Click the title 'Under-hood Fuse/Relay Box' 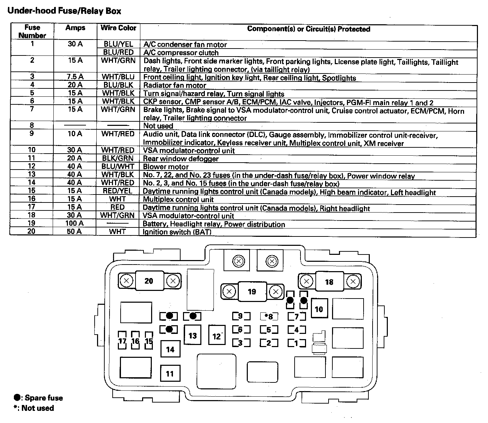(x=64, y=11)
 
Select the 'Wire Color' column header (x=118, y=28)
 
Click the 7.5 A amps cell (x=75, y=77)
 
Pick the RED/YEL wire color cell (x=117, y=191)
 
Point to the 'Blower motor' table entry (x=166, y=167)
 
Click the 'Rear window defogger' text (x=181, y=159)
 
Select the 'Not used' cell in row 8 (x=158, y=126)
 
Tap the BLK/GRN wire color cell (x=118, y=158)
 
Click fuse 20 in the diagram (x=149, y=281)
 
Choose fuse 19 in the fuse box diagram (x=252, y=292)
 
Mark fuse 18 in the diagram (x=329, y=282)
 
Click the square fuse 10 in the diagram (x=319, y=309)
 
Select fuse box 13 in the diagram (x=192, y=335)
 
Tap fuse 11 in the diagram (x=170, y=373)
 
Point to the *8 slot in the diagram (x=269, y=316)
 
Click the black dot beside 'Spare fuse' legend (x=17, y=397)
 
